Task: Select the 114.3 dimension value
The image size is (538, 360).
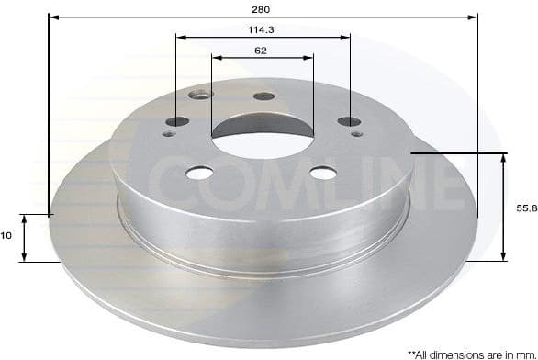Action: [x=262, y=28]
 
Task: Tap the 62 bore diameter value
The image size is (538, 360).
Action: [x=262, y=51]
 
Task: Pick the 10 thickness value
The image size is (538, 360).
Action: [x=6, y=236]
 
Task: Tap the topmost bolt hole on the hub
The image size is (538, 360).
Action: [x=263, y=96]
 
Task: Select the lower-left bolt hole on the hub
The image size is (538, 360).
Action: [x=198, y=173]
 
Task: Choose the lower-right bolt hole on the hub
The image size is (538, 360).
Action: [x=321, y=173]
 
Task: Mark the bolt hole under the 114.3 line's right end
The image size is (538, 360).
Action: [x=347, y=121]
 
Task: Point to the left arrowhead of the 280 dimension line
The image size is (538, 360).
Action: [x=51, y=17]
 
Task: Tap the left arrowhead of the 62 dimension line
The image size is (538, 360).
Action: [x=216, y=58]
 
